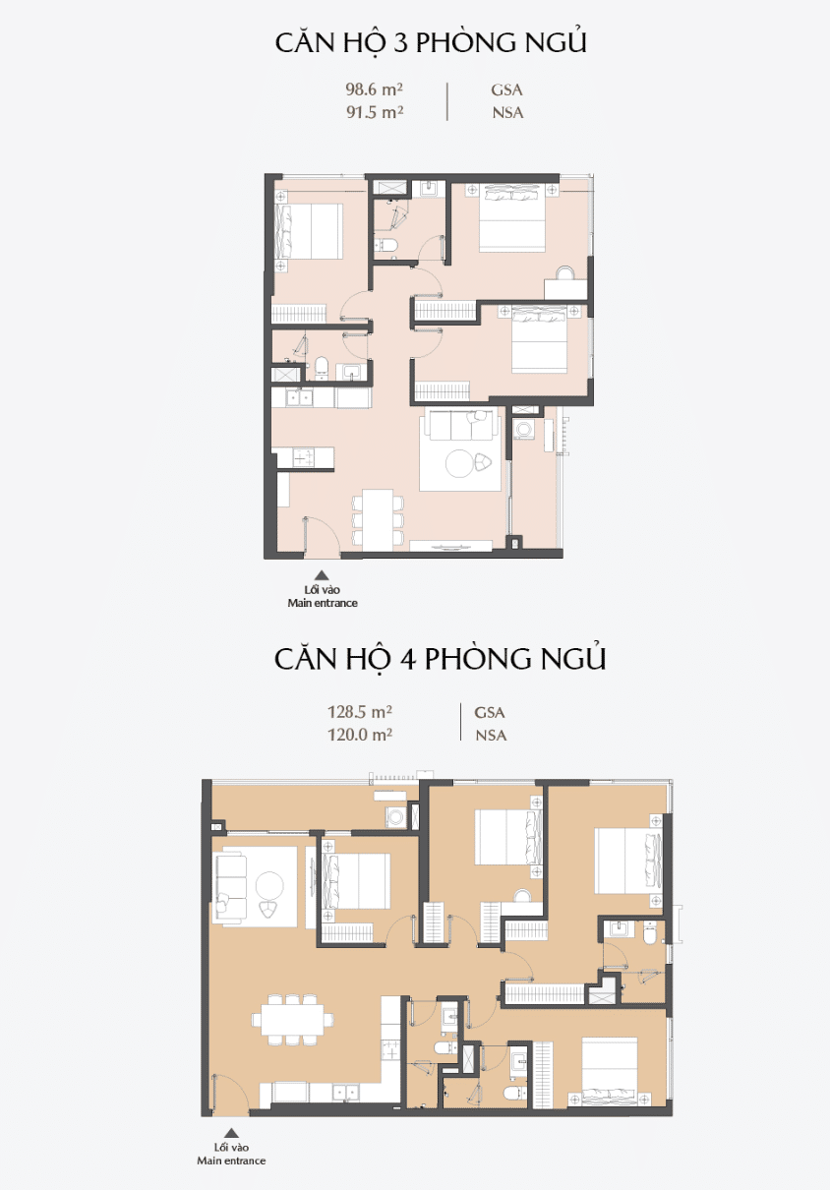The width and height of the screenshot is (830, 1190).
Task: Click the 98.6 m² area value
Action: pos(374,89)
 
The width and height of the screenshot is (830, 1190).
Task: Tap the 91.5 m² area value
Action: pos(375,112)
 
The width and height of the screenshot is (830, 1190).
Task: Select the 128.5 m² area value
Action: pos(360,711)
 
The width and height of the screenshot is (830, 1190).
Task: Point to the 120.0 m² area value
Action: pos(360,735)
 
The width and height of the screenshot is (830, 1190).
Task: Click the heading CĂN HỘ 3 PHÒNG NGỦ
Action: pos(431,42)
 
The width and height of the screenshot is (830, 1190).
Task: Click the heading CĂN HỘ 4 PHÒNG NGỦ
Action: pos(440,659)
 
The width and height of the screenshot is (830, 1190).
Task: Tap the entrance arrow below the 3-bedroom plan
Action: pos(322,575)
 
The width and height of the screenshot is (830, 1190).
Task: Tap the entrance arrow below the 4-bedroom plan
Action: pos(231,1133)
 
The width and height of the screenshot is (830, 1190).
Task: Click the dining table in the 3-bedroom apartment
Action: pos(378,519)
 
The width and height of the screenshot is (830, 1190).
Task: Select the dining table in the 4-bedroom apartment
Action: pos(293,1020)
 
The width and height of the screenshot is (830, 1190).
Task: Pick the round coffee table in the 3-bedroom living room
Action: pos(459,463)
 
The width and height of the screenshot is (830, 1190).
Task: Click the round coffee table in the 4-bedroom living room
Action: pos(269,885)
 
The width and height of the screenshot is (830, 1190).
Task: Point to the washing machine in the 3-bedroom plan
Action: pos(524,429)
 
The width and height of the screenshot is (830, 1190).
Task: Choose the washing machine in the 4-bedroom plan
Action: pos(395,816)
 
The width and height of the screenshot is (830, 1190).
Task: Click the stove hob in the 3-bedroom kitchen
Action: pos(304,457)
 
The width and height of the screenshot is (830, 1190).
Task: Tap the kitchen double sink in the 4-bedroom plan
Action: pos(345,1092)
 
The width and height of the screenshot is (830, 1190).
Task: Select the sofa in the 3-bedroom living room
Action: pos(461,426)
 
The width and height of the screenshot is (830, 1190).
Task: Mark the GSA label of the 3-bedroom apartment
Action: pos(506,89)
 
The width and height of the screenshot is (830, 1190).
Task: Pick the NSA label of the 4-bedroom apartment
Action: pos(491,736)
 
